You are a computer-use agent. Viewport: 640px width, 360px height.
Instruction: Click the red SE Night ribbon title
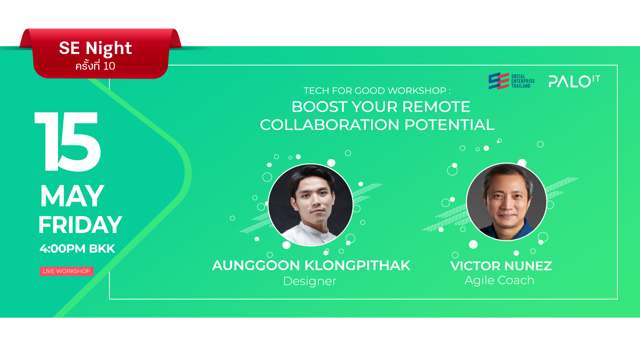point(95,48)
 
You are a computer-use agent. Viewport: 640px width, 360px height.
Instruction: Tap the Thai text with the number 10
point(95,66)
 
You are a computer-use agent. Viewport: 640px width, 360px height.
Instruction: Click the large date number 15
point(68,142)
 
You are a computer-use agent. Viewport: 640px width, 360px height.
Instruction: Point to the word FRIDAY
point(80,225)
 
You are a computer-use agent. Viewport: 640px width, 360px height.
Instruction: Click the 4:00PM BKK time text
point(77,249)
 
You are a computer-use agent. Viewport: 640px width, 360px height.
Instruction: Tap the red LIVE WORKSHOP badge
point(67,271)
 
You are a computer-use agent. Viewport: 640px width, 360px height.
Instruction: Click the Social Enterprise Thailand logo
point(512,81)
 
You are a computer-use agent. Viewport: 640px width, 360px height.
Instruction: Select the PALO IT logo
point(574,81)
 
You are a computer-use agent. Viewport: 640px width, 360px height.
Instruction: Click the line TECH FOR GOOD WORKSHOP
point(377,91)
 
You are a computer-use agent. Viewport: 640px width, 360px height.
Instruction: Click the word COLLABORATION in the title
point(329,125)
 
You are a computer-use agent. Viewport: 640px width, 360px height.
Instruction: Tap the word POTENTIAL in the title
point(449,125)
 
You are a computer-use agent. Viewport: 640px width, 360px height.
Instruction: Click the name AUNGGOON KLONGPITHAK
point(311,266)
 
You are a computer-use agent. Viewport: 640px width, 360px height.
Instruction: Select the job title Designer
point(310,281)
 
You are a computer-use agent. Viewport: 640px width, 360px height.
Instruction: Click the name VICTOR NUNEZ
point(501,266)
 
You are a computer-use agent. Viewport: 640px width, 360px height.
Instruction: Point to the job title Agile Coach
point(499,280)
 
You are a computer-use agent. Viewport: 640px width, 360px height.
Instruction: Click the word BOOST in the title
point(319,107)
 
